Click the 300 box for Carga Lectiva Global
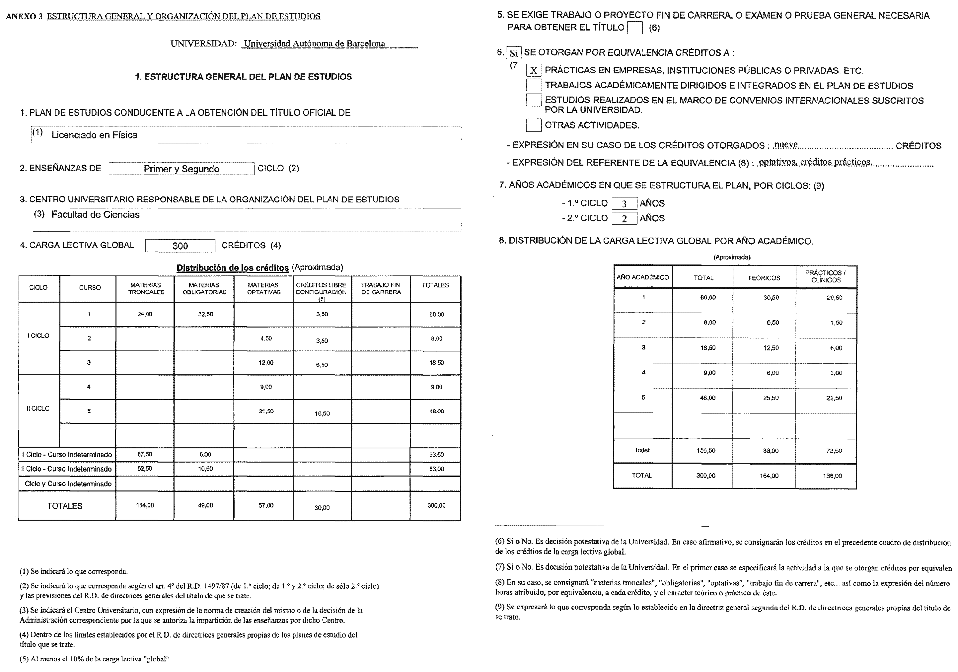180,246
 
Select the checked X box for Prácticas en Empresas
534,71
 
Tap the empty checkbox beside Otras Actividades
534,125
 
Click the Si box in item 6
513,53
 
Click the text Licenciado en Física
94,135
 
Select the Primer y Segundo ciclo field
181,169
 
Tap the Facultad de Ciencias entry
95,215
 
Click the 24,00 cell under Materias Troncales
145,314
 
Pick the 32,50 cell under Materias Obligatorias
205,314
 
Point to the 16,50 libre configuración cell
322,413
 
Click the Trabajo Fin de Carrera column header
381,289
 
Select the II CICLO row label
38,408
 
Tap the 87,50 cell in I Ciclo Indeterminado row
145,454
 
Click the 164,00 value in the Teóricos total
769,476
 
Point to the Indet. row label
643,450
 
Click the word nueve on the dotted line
786,145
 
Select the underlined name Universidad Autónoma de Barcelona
315,43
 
